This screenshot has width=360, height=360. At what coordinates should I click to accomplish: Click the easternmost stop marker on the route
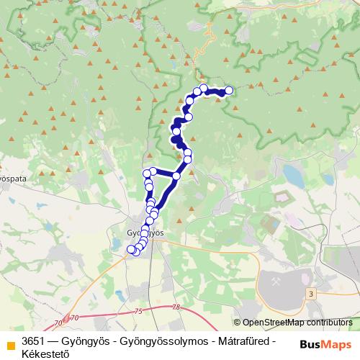229,91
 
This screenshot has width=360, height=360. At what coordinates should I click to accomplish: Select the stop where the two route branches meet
176,176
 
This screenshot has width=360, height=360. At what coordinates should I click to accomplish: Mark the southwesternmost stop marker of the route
131,250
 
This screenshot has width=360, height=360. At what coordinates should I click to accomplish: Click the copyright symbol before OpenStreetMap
237,323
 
